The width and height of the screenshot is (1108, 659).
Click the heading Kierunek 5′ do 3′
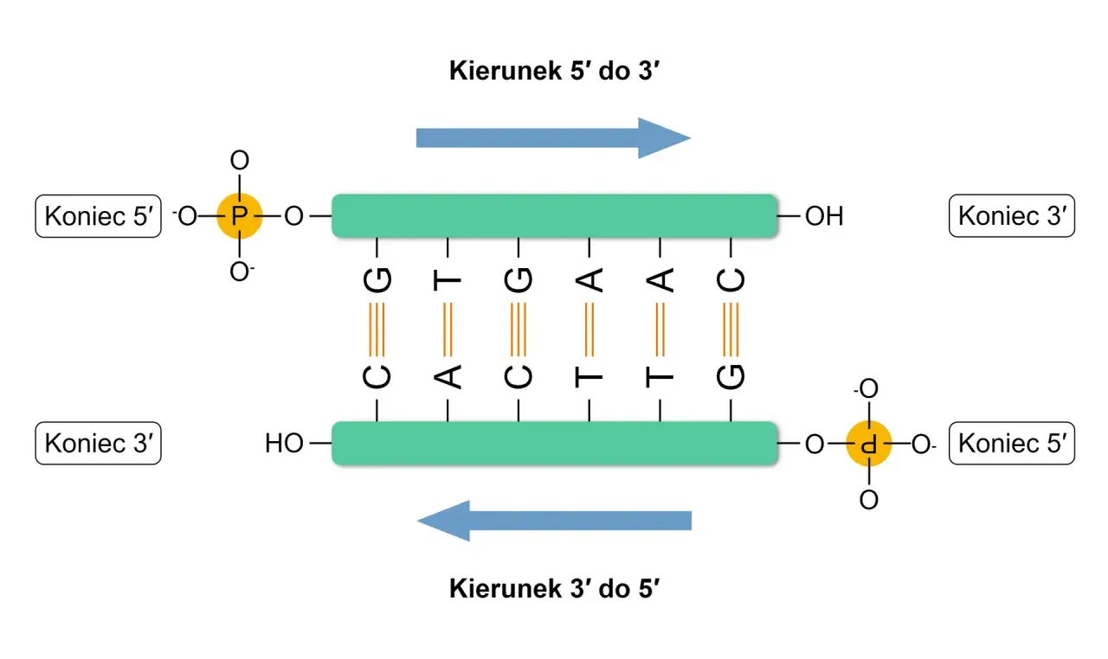(x=555, y=71)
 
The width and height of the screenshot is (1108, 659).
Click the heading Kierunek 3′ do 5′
(x=555, y=589)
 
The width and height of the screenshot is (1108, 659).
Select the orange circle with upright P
(x=239, y=215)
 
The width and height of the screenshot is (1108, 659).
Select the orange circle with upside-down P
(x=868, y=445)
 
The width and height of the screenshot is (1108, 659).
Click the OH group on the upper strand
(x=823, y=216)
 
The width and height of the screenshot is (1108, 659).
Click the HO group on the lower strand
(x=284, y=445)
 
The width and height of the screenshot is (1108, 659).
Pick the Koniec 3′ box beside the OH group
(x=1011, y=216)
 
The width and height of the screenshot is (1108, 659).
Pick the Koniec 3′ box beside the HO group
(x=98, y=444)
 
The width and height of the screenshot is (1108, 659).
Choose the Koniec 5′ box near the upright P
(x=98, y=216)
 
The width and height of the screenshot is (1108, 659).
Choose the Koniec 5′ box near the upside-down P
(x=1011, y=444)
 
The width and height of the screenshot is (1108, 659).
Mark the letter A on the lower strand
(x=448, y=377)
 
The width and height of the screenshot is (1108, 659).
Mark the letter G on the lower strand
(x=731, y=377)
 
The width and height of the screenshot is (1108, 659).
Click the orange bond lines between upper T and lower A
(x=448, y=329)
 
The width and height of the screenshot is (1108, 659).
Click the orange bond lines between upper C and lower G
(x=731, y=329)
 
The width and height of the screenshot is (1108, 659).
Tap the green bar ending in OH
(x=554, y=215)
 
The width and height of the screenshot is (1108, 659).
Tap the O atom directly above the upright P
(x=240, y=160)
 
